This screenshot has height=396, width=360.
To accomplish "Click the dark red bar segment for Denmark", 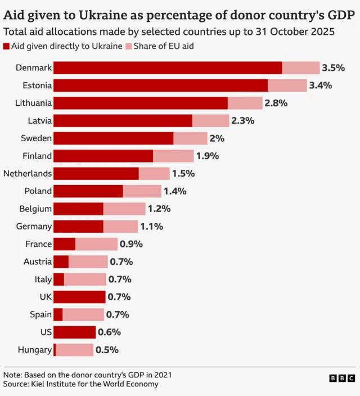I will [x=168, y=68].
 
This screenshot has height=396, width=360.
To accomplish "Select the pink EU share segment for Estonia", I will [x=287, y=85].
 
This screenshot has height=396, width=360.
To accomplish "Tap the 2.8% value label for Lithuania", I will [x=276, y=103].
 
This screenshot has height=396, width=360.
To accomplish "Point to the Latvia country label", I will [x=40, y=121].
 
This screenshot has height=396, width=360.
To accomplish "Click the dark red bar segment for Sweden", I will [x=113, y=138].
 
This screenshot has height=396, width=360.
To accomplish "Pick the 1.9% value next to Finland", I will [x=208, y=156].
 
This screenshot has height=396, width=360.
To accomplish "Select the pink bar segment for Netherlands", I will [x=154, y=174].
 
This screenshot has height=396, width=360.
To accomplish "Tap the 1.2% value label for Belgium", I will [x=159, y=209].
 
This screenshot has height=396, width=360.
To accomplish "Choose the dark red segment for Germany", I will [x=78, y=227].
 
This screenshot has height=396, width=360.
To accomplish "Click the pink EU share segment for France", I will [x=96, y=244].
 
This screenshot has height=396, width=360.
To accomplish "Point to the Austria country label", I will [x=38, y=262].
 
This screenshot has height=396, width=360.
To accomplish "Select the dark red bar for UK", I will [x=79, y=297].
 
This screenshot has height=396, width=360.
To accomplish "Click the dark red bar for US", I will [x=74, y=332].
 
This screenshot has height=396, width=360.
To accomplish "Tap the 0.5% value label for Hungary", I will [x=107, y=350].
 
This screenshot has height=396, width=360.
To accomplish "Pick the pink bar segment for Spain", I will [x=83, y=314].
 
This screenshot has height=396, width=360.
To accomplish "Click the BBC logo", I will [x=342, y=379].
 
